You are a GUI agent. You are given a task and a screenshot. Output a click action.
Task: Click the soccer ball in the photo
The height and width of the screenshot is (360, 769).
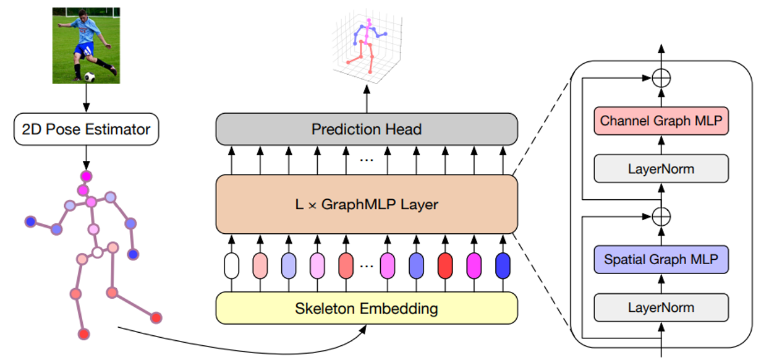coord(90,77)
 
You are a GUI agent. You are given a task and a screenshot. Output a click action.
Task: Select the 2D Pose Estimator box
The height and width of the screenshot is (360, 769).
coord(86,130)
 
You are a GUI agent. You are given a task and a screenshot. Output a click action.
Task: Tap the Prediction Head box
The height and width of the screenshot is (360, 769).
coord(366,129)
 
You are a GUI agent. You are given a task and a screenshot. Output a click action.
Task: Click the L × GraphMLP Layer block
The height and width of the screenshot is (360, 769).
coord(366,204)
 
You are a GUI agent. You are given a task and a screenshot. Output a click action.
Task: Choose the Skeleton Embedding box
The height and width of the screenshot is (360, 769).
coord(366,308)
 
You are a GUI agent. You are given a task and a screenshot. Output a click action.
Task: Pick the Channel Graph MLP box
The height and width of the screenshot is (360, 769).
coord(661,121)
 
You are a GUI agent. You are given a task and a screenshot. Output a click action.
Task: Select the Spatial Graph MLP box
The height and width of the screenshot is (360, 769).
coord(661,260)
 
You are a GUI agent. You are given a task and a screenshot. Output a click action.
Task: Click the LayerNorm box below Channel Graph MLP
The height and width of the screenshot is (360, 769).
coord(661,168)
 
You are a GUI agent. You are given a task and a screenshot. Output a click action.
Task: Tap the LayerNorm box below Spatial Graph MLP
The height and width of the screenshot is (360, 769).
coord(661,307)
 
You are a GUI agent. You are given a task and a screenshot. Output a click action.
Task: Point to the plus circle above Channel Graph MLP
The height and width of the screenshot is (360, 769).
coord(661,78)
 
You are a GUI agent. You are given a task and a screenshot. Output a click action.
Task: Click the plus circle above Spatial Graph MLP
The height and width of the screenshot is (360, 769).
coord(661,216)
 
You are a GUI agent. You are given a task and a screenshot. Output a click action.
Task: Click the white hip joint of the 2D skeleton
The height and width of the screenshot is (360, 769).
coord(97,252)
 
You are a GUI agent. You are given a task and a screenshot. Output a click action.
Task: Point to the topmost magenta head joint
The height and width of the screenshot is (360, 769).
coord(85,176)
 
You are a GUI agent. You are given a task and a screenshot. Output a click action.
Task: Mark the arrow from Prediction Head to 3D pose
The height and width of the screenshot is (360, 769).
coord(367,99)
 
